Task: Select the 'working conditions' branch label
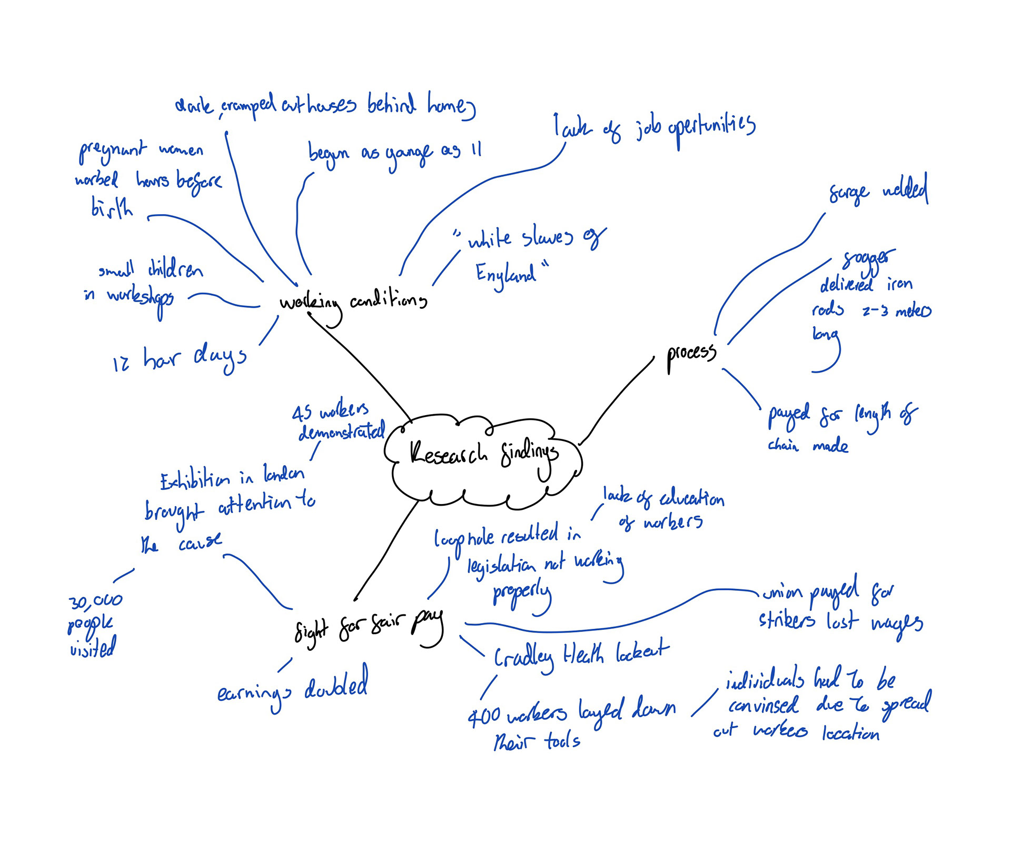[x=353, y=302]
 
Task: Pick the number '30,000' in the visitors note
[x=95, y=601]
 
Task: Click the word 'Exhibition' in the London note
[x=195, y=480]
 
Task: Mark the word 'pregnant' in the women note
[x=112, y=152]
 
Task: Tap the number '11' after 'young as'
[x=476, y=150]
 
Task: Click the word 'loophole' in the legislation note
[x=464, y=539]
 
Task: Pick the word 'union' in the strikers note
[x=781, y=594]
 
